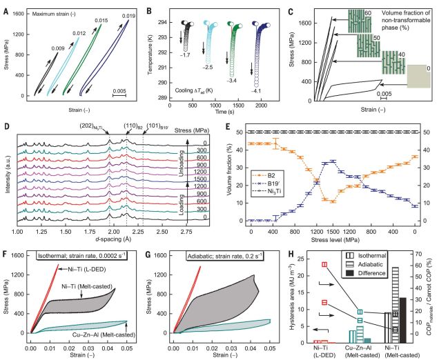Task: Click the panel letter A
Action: click(6, 6)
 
